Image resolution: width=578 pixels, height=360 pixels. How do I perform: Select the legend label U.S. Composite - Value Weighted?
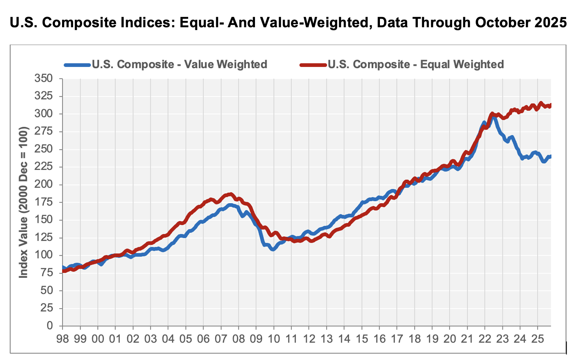(x=179, y=64)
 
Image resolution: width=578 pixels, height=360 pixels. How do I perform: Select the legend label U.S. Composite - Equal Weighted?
(x=416, y=64)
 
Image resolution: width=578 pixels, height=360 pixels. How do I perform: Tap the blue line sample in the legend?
(x=77, y=64)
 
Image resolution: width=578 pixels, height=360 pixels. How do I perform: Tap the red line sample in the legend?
(x=313, y=64)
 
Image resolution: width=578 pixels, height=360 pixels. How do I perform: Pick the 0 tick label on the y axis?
(x=50, y=326)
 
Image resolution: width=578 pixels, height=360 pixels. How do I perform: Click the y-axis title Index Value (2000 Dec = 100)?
(x=24, y=202)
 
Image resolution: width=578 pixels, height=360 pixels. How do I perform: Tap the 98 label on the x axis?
(x=62, y=339)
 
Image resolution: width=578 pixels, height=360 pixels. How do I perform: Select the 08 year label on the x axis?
(x=238, y=339)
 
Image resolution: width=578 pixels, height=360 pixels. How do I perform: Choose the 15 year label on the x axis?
(x=361, y=339)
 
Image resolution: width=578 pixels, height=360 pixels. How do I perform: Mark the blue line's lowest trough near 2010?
(x=273, y=250)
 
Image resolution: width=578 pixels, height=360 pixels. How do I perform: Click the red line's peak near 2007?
(x=231, y=194)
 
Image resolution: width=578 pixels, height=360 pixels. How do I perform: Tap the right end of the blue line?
(x=550, y=156)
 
